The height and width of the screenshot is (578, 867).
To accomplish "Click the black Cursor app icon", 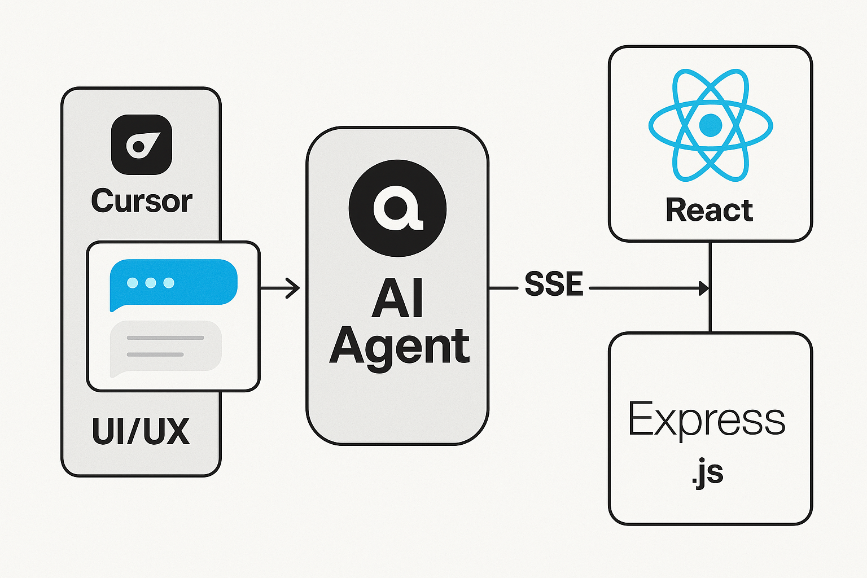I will pyautogui.click(x=142, y=144).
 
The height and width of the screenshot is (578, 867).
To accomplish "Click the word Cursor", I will pyautogui.click(x=142, y=201).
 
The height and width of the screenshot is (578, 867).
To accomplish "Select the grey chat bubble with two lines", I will pyautogui.click(x=165, y=346).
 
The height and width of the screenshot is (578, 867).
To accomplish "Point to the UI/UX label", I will pyautogui.click(x=141, y=432).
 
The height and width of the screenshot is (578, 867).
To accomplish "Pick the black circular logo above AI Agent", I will pyautogui.click(x=397, y=208).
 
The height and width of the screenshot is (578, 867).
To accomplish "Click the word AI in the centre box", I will pyautogui.click(x=397, y=299).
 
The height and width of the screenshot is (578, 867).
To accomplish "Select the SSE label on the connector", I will pyautogui.click(x=554, y=284).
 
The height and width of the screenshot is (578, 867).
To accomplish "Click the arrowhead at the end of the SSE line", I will pyautogui.click(x=704, y=288).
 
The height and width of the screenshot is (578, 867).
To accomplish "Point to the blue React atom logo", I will pyautogui.click(x=710, y=125).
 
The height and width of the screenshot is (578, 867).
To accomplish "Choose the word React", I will pyautogui.click(x=710, y=211).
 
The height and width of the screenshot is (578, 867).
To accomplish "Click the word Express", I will pyautogui.click(x=706, y=420).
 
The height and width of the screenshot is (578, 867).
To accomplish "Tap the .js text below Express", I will pyautogui.click(x=707, y=473).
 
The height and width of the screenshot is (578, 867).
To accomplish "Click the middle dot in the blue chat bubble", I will pyautogui.click(x=151, y=283).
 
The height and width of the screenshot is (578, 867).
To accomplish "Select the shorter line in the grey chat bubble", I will pyautogui.click(x=155, y=354).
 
